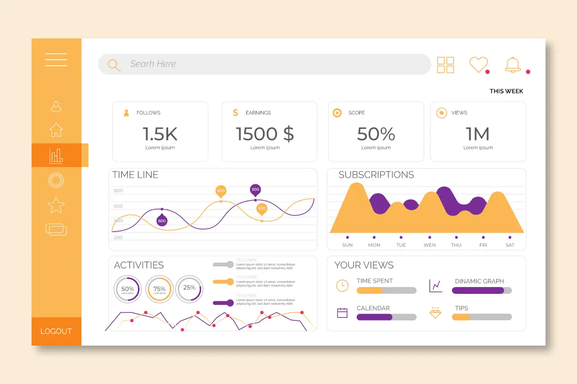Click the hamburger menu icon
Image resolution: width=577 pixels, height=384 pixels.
[x=56, y=60]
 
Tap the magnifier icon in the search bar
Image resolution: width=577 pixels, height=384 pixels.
[x=114, y=65]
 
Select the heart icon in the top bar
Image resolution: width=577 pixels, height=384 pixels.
[x=478, y=64]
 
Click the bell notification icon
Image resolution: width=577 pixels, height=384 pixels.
[x=513, y=65]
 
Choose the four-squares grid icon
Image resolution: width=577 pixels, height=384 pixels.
[x=446, y=65]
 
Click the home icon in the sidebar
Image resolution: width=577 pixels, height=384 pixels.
[x=56, y=130]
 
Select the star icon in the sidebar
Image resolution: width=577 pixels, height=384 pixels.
[x=56, y=205]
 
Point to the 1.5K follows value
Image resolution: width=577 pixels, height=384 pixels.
[x=160, y=134]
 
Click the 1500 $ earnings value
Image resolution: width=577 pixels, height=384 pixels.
[x=265, y=134]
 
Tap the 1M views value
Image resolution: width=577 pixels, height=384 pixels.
[x=477, y=134]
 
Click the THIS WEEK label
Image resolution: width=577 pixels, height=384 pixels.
[x=506, y=91]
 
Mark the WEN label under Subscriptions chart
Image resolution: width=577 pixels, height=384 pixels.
[x=429, y=245]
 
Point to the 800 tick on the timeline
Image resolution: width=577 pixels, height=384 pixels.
[x=118, y=191]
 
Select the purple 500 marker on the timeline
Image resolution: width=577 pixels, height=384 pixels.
[x=255, y=190]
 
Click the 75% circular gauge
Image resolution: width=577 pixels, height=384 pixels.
[x=159, y=289]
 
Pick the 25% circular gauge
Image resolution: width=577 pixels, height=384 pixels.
[x=189, y=288]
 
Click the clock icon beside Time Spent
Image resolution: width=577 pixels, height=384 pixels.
[x=342, y=285]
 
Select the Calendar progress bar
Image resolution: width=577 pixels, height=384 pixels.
[x=386, y=317]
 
